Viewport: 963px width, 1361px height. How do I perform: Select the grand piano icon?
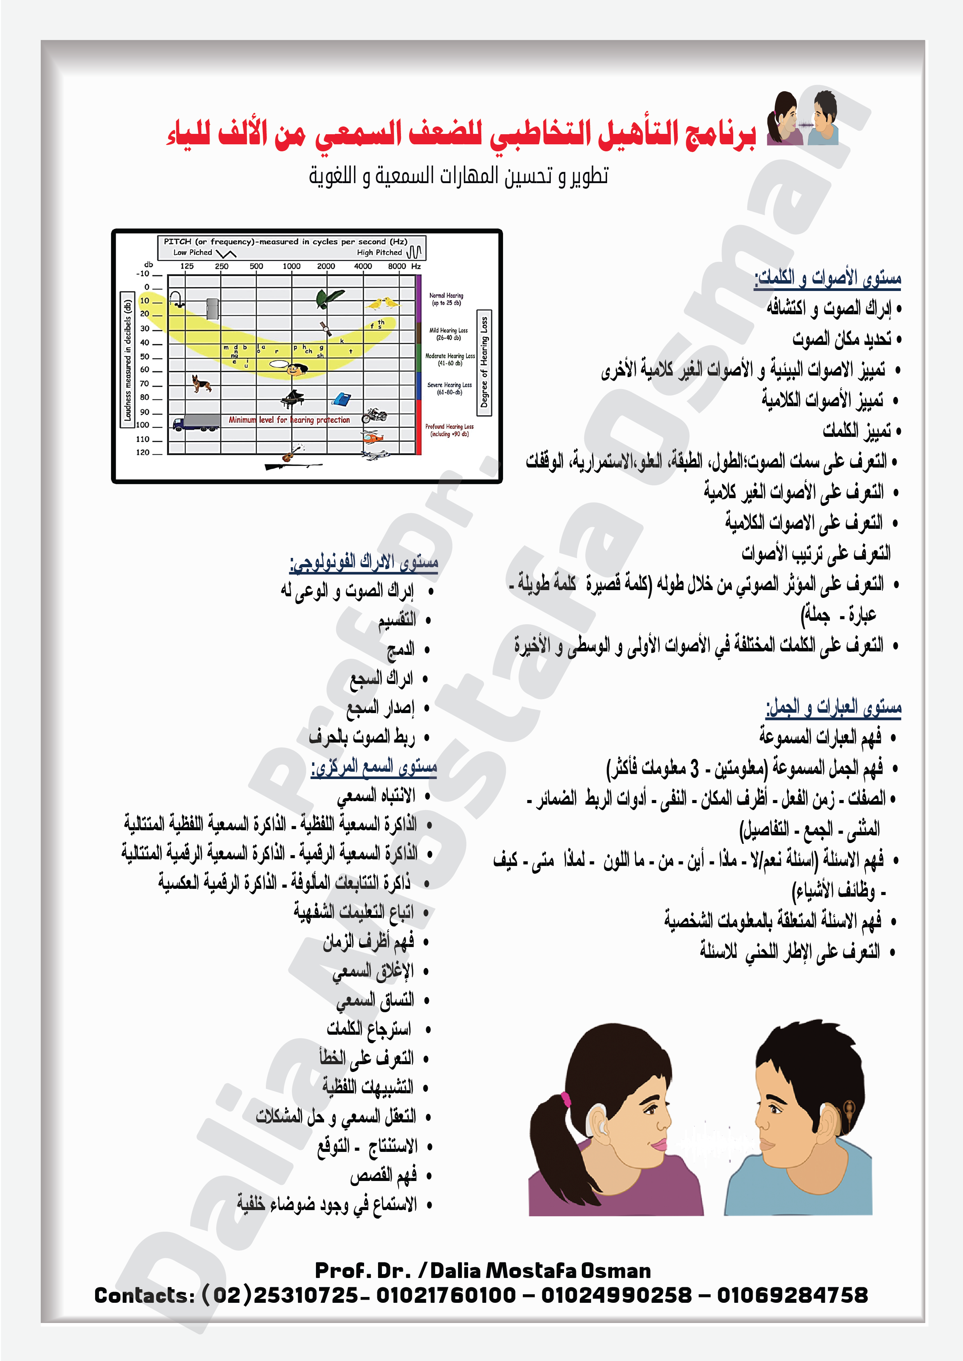pos(292,398)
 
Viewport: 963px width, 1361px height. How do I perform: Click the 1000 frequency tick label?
pos(291,266)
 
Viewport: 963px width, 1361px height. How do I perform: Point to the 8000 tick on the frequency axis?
pos(397,266)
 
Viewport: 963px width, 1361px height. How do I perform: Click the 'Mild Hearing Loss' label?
pos(448,334)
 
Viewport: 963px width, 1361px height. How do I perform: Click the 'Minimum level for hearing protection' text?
pos(290,420)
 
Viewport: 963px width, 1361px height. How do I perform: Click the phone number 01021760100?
pos(446,1295)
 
